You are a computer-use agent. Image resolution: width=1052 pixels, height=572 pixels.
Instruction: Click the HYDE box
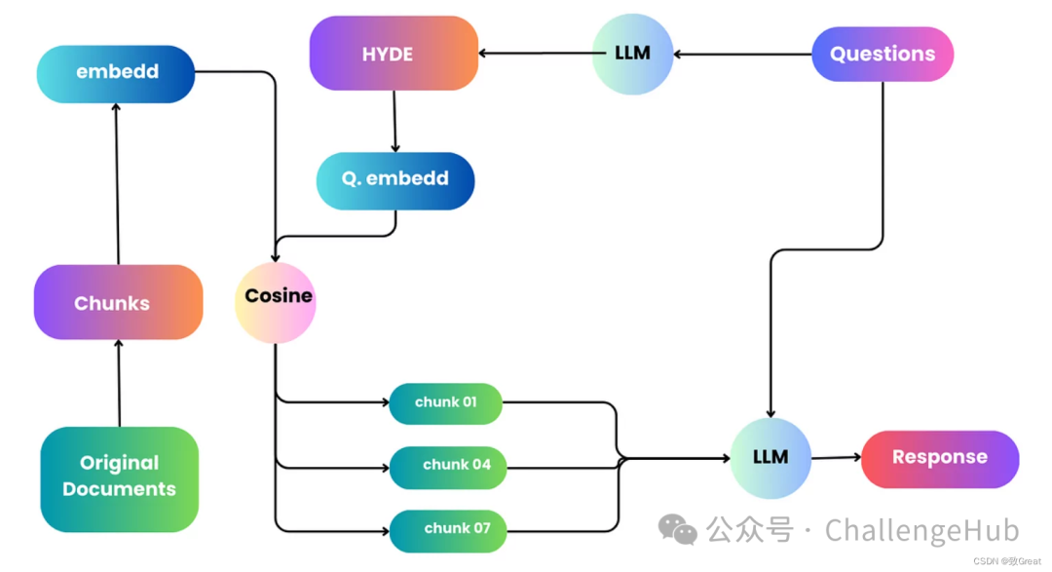394,54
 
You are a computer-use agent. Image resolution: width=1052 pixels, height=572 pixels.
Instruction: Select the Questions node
883,55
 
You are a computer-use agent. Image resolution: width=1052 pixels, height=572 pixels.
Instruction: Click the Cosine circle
275,303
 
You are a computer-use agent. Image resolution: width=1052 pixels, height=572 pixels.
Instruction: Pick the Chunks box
118,302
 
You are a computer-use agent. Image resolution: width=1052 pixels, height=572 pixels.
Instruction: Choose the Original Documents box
120,479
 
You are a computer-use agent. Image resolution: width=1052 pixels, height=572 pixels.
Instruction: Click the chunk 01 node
445,403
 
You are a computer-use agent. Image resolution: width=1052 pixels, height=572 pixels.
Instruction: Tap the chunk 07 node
448,531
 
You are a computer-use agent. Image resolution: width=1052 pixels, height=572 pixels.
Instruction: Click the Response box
940,459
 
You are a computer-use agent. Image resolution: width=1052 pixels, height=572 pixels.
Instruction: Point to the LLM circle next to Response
770,459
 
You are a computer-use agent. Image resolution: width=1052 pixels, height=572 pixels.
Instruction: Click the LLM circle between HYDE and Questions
633,55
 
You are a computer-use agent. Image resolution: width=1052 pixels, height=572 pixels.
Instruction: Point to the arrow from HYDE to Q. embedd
394,122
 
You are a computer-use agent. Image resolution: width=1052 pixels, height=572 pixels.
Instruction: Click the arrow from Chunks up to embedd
117,183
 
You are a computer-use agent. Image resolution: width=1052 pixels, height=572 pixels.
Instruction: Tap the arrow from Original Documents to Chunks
119,383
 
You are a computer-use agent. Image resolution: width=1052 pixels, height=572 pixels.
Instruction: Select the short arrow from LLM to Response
836,458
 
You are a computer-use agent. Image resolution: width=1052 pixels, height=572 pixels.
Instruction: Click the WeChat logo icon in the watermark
678,529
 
